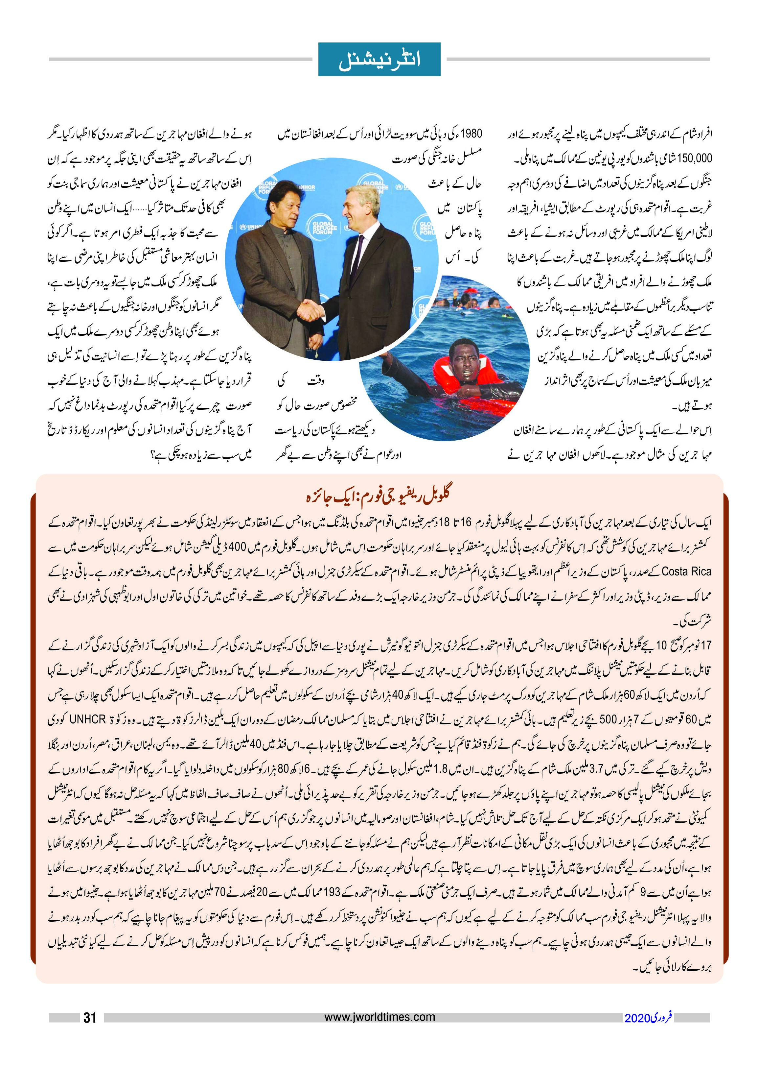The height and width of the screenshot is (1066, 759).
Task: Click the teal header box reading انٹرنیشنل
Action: (x=379, y=60)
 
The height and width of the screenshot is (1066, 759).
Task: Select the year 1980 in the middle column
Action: (x=470, y=134)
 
